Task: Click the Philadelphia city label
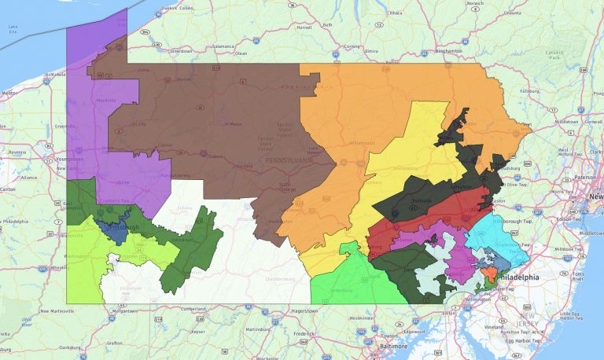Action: pos(517,277)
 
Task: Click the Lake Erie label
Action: pos(13,29)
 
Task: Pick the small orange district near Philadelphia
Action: pos(488,273)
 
